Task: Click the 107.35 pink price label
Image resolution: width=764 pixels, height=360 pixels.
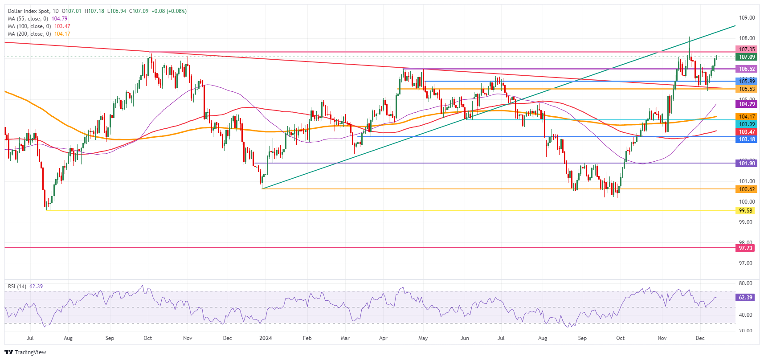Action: [747, 49]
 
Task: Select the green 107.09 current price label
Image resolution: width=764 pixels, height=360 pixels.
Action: [747, 57]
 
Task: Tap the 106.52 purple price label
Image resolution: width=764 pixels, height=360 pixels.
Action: [747, 69]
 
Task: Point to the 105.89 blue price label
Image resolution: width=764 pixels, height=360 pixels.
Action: [747, 82]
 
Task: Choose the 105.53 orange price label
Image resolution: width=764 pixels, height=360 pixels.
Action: [747, 89]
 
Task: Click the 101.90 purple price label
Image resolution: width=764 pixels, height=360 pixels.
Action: [747, 164]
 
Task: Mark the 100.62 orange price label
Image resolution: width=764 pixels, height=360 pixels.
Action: [747, 189]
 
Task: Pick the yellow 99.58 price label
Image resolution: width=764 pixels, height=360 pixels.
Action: [745, 211]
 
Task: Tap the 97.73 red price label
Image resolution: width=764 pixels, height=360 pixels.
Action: [745, 248]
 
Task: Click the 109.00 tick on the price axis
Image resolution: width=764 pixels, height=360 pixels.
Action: [747, 18]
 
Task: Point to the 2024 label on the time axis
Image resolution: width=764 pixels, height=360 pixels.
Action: [266, 338]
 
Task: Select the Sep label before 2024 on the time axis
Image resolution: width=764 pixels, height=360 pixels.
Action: [110, 338]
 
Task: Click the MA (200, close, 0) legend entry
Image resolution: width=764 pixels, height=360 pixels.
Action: [29, 34]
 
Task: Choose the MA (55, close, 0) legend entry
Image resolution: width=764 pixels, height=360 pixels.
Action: [28, 19]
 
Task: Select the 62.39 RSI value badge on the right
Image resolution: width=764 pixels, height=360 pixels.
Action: [745, 298]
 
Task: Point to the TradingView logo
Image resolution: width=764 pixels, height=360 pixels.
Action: [25, 352]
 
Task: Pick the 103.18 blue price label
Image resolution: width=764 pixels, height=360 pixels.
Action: [747, 139]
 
